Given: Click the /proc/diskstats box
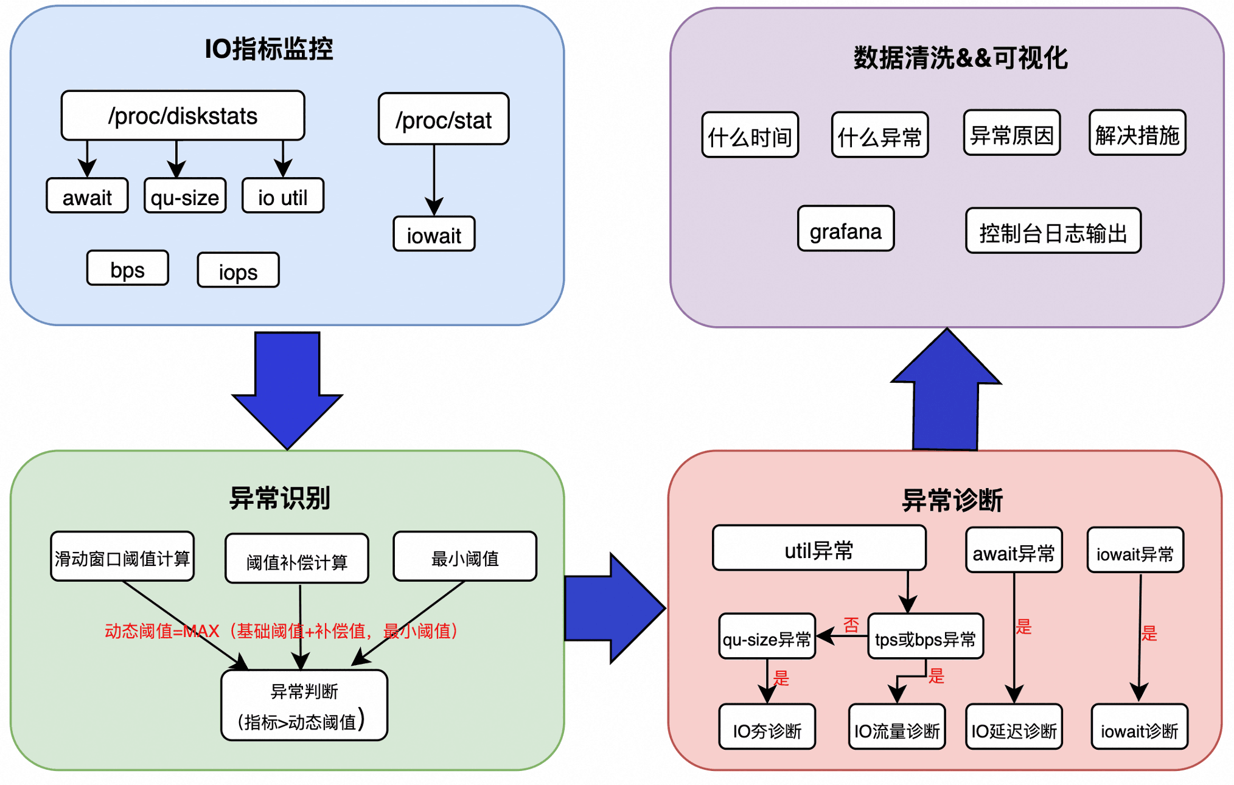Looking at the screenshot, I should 183,116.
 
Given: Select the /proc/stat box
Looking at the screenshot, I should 444,119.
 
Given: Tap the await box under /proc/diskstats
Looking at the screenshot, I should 87,196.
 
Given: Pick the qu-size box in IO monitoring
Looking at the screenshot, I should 185,196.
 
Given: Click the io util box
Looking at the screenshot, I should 283,196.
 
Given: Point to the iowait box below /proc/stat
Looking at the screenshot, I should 434,234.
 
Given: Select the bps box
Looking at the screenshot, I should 128,268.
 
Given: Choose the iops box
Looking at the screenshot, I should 238,270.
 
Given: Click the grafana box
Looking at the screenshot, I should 846,229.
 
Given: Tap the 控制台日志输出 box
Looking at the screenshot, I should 1053,231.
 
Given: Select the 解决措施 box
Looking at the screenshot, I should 1137,133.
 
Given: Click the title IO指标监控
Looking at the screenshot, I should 269,49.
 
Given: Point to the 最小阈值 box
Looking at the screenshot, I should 465,557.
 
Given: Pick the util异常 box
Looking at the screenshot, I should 819,549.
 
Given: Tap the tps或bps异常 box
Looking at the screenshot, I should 925,637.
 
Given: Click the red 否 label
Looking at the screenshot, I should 851,624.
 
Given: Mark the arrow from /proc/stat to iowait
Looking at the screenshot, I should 434,180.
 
